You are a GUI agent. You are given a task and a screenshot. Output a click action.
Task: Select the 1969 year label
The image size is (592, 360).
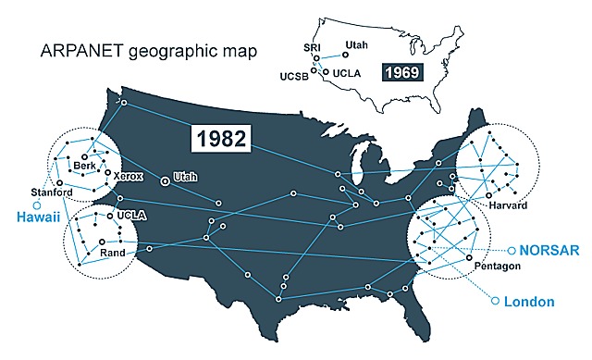click(x=402, y=70)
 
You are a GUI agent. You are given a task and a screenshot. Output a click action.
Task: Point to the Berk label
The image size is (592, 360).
click(x=84, y=167)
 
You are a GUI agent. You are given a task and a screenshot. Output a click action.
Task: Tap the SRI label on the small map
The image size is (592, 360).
click(x=311, y=46)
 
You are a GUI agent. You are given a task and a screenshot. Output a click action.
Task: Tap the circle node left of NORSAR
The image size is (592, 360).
click(x=512, y=250)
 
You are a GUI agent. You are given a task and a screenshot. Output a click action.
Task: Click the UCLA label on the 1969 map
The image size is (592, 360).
click(x=348, y=71)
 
